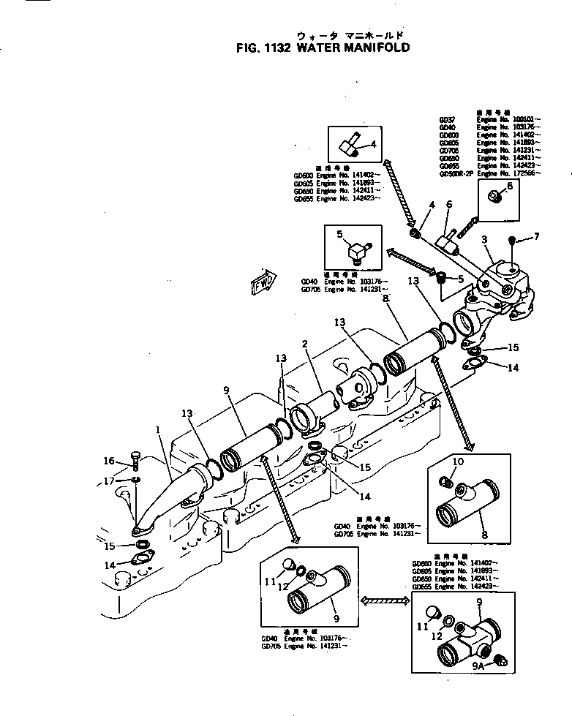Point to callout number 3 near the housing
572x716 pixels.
click(x=484, y=239)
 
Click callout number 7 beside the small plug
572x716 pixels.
click(x=537, y=236)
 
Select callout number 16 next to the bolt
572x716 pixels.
click(x=108, y=461)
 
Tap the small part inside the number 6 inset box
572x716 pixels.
click(x=494, y=195)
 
